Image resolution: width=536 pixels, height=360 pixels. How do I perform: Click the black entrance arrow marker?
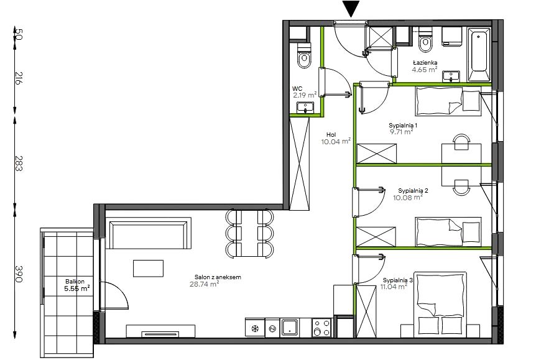352,9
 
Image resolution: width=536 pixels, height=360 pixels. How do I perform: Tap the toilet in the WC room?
304,56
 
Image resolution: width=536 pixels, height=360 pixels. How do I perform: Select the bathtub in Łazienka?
479,55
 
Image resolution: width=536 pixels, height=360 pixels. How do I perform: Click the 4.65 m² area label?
425,70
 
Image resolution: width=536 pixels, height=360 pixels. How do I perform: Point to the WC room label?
297,89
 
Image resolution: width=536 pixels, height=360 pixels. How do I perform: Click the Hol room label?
331,135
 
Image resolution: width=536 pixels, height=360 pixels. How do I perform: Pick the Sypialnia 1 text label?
403,125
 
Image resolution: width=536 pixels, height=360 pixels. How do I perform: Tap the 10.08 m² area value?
408,197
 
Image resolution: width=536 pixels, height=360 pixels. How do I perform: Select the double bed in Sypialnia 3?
440,304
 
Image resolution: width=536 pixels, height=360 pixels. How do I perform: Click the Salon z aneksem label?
218,277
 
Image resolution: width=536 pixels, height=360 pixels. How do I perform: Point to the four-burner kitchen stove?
321,328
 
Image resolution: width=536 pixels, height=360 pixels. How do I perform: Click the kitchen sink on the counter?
290,327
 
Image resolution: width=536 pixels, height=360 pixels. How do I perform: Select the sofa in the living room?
149,233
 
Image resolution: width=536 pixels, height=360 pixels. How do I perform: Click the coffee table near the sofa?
149,269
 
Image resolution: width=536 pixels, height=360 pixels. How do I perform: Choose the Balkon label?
75,282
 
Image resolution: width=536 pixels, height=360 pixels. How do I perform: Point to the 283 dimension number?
19,164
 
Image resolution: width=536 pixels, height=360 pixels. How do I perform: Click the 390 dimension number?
19,274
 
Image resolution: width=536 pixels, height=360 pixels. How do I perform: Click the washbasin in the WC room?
305,108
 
